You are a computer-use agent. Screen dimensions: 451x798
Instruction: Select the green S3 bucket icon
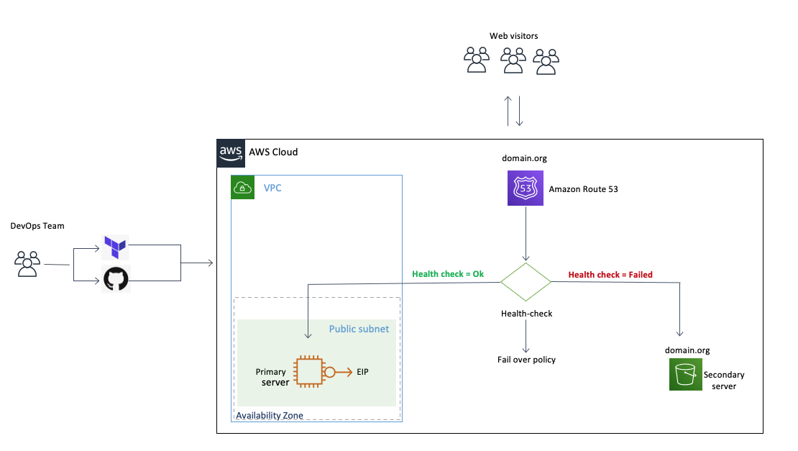pyautogui.click(x=685, y=375)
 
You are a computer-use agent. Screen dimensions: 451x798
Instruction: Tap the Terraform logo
pyautogui.click(x=116, y=247)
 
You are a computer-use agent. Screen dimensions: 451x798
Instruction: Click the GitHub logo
pyautogui.click(x=116, y=279)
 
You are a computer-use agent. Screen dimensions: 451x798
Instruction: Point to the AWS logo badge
pyautogui.click(x=231, y=152)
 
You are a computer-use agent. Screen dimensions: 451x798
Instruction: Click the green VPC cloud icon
pyautogui.click(x=243, y=188)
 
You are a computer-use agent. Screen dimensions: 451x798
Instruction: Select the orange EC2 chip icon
pyautogui.click(x=309, y=372)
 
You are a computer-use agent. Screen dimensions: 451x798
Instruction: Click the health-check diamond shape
pyautogui.click(x=526, y=281)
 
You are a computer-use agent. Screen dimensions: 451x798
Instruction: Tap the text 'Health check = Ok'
pyautogui.click(x=449, y=274)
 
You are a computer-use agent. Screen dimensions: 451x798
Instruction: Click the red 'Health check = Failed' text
pyautogui.click(x=610, y=274)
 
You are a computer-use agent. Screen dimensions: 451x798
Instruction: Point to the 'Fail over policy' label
pyautogui.click(x=526, y=360)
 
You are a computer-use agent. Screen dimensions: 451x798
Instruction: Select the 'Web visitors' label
pyautogui.click(x=513, y=36)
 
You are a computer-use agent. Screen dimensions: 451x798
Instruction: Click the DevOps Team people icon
pyautogui.click(x=28, y=264)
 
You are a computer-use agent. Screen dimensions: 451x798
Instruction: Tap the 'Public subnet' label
pyautogui.click(x=359, y=329)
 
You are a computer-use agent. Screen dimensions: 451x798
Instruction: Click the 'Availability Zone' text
pyautogui.click(x=270, y=415)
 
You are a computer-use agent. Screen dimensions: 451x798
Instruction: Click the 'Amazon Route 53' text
pyautogui.click(x=583, y=189)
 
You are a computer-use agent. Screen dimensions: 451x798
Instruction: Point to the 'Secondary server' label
pyautogui.click(x=724, y=381)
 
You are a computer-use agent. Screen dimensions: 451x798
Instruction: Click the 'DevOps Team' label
pyautogui.click(x=37, y=226)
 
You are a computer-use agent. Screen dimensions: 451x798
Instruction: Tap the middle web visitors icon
pyautogui.click(x=513, y=60)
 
